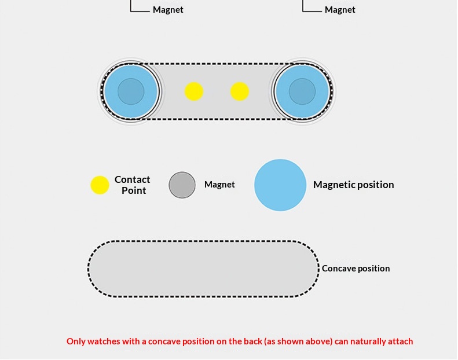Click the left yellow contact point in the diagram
[194, 91]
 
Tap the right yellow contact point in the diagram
[240, 91]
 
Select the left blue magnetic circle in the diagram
[130, 91]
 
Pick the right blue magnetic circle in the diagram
[302, 91]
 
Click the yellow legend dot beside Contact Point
[100, 185]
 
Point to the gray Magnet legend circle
[182, 185]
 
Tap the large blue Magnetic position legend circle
[280, 185]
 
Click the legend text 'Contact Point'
[133, 185]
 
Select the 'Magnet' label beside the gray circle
[219, 185]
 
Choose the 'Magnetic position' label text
[353, 185]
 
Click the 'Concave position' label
[356, 269]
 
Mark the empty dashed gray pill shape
[203, 269]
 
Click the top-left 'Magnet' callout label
[168, 10]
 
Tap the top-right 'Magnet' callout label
[340, 10]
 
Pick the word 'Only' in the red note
[76, 341]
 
